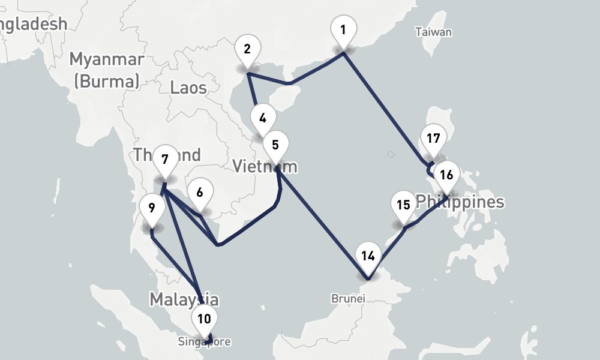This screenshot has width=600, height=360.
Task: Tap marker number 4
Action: (x=263, y=118)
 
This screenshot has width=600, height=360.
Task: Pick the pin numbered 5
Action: (x=275, y=145)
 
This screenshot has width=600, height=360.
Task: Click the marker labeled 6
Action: (x=200, y=193)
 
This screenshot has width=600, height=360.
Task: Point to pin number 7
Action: (x=165, y=160)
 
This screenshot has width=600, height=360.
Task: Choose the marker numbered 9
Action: (x=152, y=208)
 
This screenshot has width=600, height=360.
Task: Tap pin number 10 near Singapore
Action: (x=204, y=319)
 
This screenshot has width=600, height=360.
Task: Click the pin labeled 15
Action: (x=403, y=205)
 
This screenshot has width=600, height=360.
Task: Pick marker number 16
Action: (x=446, y=175)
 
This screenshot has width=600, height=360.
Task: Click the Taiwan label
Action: (x=433, y=32)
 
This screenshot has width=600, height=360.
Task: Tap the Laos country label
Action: (x=188, y=88)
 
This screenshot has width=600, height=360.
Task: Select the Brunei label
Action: (x=348, y=298)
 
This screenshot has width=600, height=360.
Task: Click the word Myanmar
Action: (x=106, y=59)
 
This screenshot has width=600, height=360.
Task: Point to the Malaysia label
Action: (x=184, y=299)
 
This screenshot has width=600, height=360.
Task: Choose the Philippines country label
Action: (x=460, y=202)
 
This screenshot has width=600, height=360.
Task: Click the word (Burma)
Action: (x=106, y=80)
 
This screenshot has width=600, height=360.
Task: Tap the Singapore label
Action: (x=204, y=342)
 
